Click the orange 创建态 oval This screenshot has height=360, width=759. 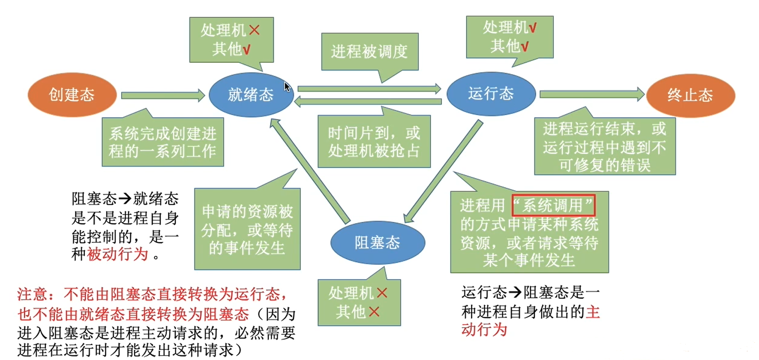point(72,95)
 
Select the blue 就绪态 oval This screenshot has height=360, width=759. point(251,95)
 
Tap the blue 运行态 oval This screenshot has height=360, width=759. point(491,94)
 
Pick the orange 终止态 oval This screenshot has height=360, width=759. point(690,95)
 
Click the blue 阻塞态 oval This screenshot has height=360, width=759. point(377,243)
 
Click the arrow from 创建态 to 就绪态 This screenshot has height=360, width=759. point(163,95)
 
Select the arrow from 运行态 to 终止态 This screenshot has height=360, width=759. point(591,94)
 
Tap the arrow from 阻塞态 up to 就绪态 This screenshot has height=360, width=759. point(309,170)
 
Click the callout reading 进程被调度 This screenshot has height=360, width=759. point(370,51)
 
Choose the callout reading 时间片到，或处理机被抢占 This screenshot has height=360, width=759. point(374,141)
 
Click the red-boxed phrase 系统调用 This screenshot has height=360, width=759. point(553,205)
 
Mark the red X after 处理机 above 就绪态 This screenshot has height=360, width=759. point(254,30)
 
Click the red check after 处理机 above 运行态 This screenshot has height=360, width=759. point(533,28)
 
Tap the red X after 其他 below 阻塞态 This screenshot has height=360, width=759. point(374,312)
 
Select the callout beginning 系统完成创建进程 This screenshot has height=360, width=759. point(163,142)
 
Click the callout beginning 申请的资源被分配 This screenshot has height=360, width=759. point(247,229)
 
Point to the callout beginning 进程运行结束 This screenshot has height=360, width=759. point(605,146)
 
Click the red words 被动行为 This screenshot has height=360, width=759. point(118,254)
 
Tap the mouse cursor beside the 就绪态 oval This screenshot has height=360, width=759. point(287,87)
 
